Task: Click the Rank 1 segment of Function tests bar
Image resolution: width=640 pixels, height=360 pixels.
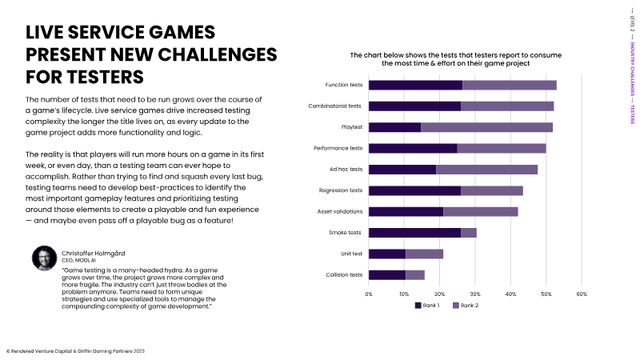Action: pos(415,85)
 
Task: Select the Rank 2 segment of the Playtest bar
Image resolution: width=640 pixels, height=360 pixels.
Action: pos(486,127)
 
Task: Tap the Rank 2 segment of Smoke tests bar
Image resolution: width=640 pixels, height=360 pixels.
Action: pos(469,233)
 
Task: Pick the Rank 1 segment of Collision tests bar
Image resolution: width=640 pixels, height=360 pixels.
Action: pos(387,275)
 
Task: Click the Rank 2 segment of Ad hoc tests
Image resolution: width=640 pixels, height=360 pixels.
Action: pos(486,170)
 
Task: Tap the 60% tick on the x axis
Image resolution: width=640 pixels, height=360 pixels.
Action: pos(582,294)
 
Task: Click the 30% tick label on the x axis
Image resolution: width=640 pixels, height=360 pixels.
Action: pos(475,294)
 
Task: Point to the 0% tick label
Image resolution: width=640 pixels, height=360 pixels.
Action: pos(369,294)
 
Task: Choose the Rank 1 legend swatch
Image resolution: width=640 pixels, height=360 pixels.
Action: pos(418,306)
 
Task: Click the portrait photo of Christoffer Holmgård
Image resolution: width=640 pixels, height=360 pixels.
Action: pos(44,258)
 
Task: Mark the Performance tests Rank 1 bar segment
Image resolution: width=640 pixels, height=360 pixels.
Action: pos(413,148)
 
